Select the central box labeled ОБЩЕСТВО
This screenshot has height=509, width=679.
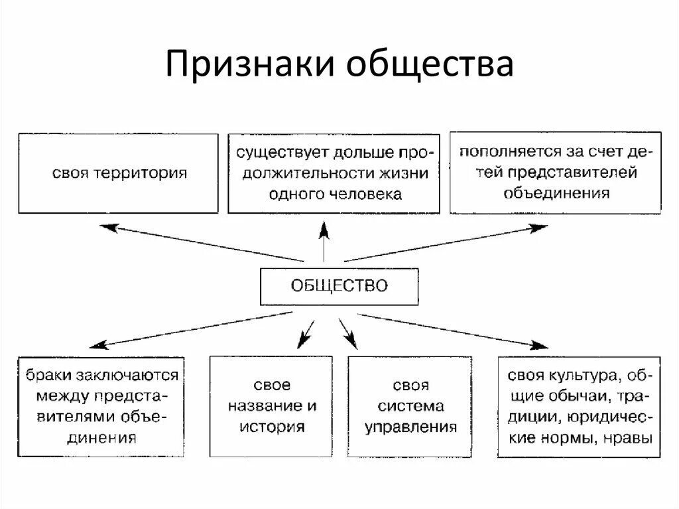coord(339,286)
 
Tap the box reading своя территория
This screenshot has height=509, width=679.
coord(118,173)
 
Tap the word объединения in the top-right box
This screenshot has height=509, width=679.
coord(556,193)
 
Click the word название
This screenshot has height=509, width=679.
coord(264,405)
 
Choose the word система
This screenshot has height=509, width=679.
coord(402,406)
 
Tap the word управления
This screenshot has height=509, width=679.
coord(410,427)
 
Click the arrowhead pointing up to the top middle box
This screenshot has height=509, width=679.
coord(324,230)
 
